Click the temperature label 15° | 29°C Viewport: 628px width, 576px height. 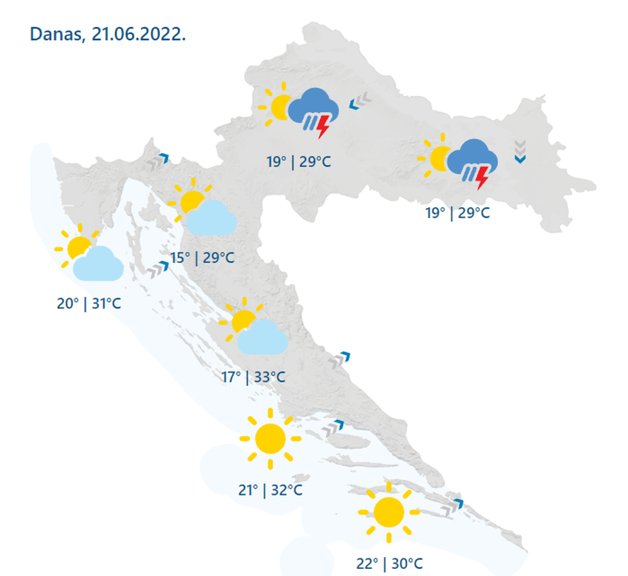[202, 257]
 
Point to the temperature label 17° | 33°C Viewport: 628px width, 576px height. [254, 377]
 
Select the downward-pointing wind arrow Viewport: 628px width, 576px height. [520, 152]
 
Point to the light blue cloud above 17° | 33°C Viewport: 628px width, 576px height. [262, 337]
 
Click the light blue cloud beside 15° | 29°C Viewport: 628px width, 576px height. [210, 218]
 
